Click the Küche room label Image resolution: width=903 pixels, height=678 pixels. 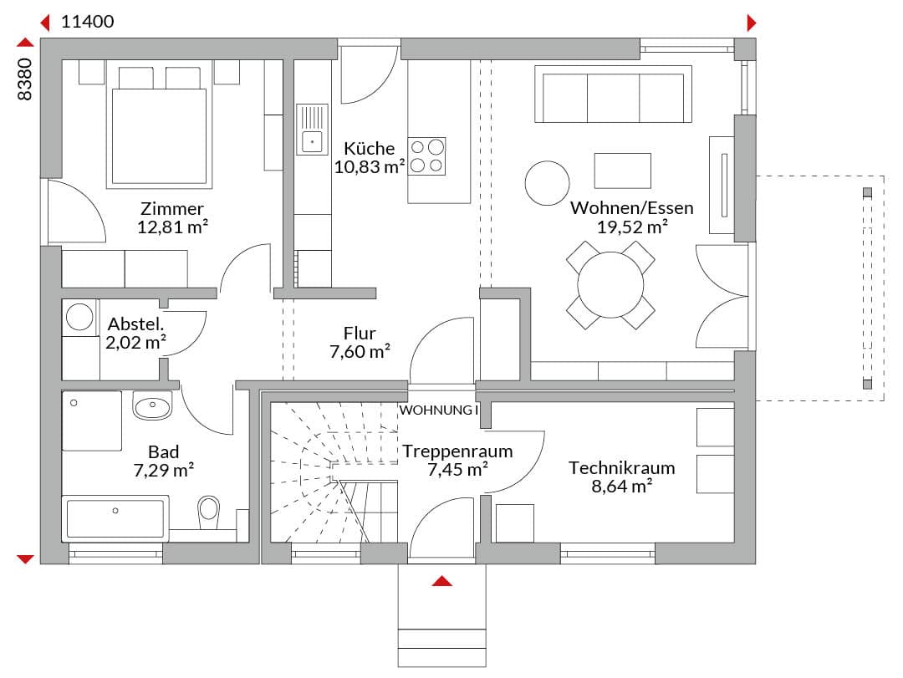tap(370, 148)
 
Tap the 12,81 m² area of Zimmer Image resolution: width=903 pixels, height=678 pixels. tap(172, 227)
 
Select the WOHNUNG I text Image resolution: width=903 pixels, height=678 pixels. tap(439, 410)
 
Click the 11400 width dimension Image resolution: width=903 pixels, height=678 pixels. tap(88, 22)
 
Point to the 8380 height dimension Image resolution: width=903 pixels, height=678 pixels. tap(25, 79)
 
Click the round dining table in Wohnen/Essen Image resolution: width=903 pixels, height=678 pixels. tap(610, 284)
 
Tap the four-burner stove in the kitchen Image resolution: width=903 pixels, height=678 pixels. tap(426, 156)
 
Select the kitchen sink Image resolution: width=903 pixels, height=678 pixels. tap(312, 130)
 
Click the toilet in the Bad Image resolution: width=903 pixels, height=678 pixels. tap(208, 512)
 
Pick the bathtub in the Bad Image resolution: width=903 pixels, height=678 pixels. tap(115, 518)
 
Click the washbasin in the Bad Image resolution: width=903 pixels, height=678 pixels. tap(152, 405)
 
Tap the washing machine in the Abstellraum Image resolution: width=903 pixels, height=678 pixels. tap(80, 318)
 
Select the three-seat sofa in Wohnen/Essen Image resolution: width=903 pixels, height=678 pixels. tap(614, 94)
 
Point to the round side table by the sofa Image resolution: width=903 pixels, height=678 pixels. tap(547, 183)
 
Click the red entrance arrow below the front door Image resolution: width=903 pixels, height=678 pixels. tap(441, 581)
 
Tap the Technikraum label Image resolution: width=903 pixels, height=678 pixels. tap(622, 468)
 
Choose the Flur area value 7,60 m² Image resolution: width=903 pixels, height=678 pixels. tap(360, 351)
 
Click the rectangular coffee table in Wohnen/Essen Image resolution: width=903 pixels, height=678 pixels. tap(623, 171)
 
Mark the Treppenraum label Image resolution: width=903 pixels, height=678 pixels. tap(457, 451)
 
